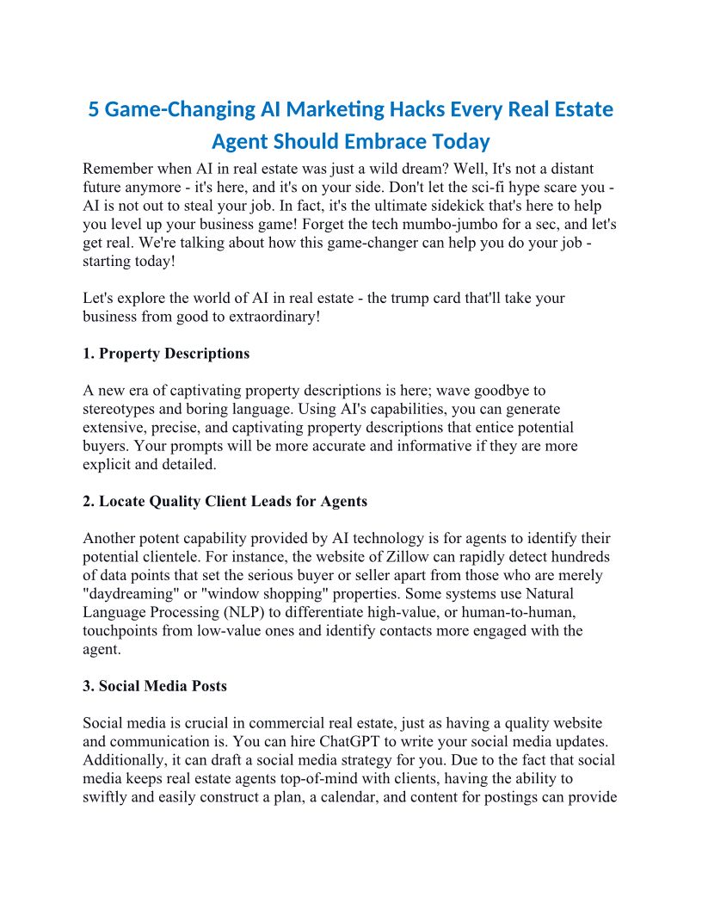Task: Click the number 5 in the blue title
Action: coord(95,111)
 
